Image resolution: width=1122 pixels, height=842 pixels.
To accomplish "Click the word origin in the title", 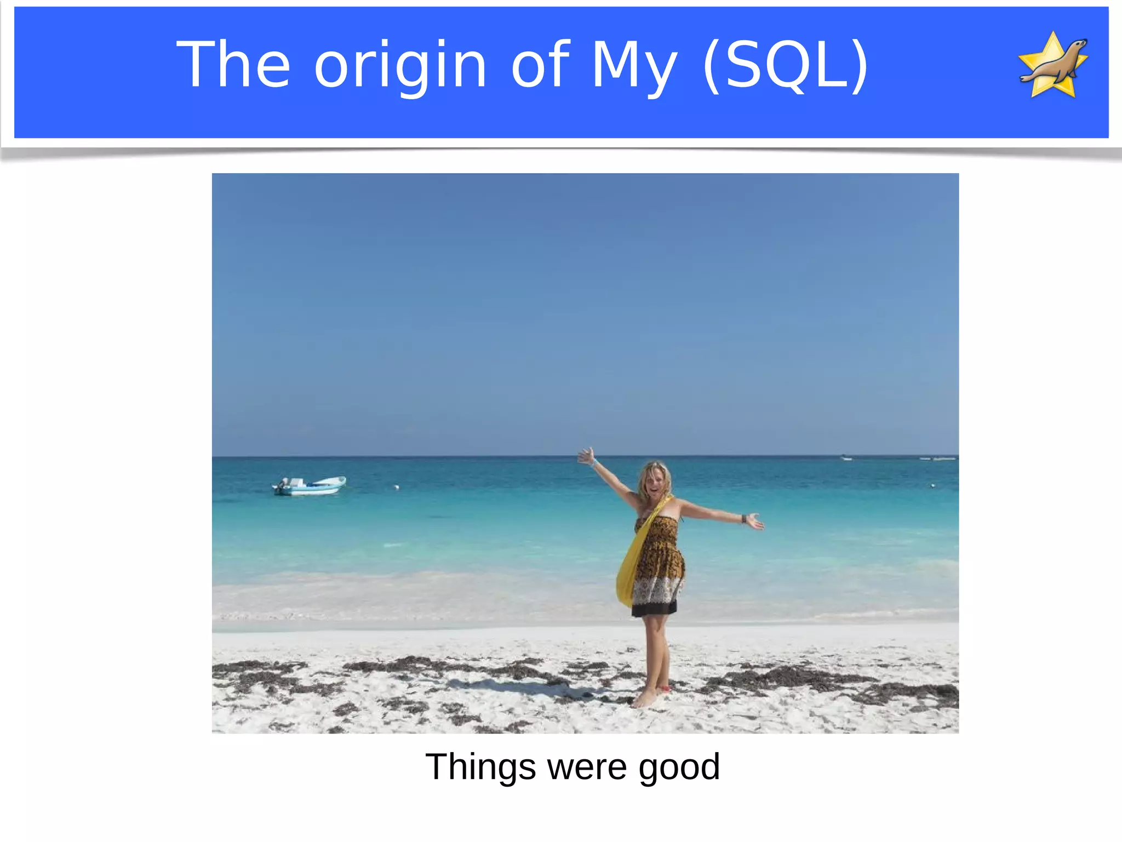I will (x=400, y=66).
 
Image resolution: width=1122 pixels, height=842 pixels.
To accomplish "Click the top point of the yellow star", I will (x=1053, y=34).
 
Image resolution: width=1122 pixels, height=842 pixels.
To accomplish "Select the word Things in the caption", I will (x=480, y=767).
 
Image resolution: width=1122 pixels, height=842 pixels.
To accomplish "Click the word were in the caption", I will (x=587, y=767).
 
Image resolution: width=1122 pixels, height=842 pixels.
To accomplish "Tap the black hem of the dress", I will (x=654, y=608).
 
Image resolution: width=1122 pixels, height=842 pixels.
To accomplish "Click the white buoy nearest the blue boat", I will (x=397, y=486).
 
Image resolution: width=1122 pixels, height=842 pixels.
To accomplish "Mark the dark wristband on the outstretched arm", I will (x=743, y=518).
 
